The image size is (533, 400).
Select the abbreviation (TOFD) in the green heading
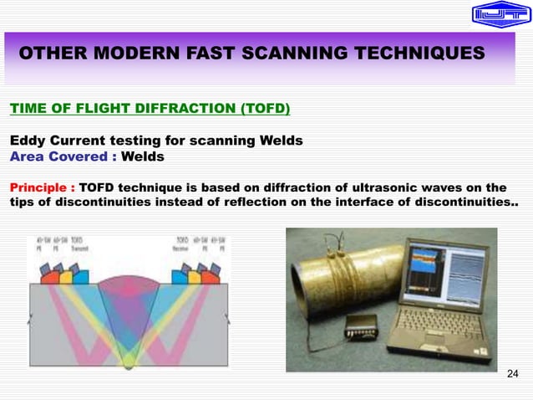click(261, 108)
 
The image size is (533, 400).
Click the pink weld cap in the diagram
click(128, 274)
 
